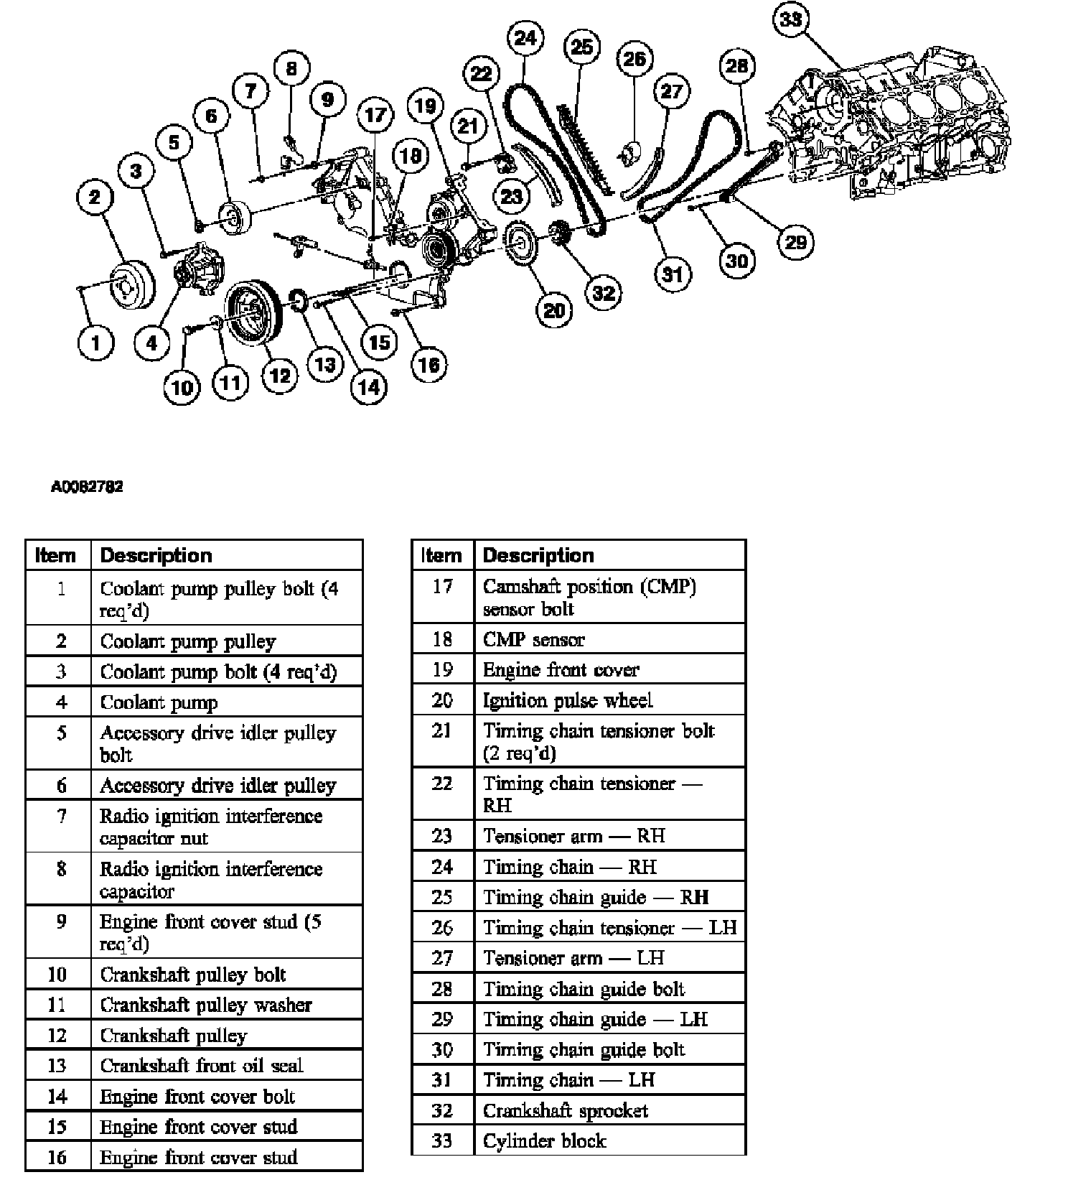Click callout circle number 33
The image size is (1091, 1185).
tap(791, 19)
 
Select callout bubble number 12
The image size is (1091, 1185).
tap(279, 375)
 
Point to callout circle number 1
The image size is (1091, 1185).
tap(95, 343)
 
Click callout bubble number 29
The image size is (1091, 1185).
tap(795, 242)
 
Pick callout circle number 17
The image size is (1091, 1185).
tap(375, 115)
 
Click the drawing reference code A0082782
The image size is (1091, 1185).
tap(87, 487)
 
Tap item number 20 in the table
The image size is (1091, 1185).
tap(442, 700)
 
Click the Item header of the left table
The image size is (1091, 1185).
tap(57, 555)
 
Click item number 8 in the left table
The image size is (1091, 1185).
tap(60, 869)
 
